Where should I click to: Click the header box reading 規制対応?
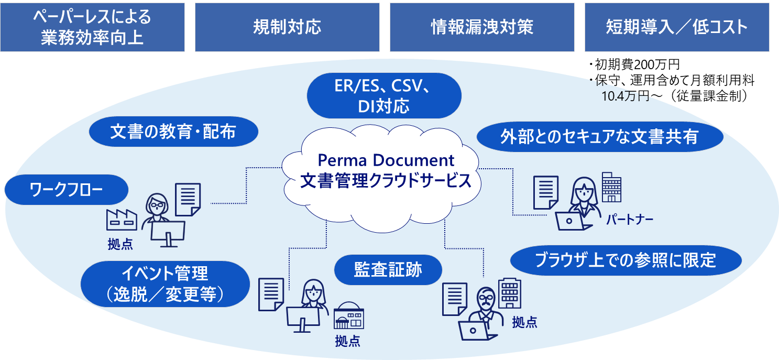coord(287,27)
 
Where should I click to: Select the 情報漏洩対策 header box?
coord(482,27)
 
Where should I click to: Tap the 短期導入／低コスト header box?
coord(677,27)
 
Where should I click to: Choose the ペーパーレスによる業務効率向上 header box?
coord(92,27)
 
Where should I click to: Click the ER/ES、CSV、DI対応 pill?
coord(383,95)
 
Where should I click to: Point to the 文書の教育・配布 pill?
coord(173,132)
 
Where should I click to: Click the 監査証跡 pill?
coord(388,270)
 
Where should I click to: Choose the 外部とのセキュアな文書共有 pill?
coord(599,137)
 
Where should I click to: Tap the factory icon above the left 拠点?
coord(122,220)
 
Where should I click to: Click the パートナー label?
coord(630,219)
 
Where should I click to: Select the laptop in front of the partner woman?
coord(573,222)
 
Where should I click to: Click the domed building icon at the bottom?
coord(348,316)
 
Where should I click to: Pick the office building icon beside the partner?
coord(611,187)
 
